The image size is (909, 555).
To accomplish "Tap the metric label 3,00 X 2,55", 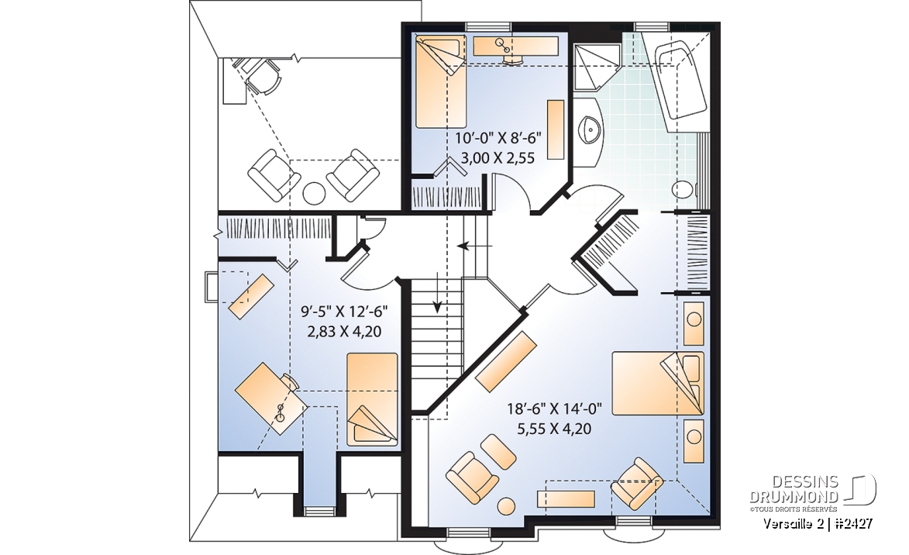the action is point(498,158).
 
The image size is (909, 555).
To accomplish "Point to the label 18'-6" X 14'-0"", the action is point(554,409).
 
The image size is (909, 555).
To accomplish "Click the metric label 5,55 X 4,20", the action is point(554,429).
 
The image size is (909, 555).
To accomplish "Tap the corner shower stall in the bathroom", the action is point(597,66).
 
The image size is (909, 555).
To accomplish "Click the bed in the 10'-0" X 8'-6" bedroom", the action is point(441,81).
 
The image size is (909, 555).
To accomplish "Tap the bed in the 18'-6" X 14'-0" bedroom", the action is point(658,383).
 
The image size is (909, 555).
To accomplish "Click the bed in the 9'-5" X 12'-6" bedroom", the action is point(372,399).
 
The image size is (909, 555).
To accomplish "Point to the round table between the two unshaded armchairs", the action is point(314,193).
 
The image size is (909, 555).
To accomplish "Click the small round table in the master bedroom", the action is point(507,505).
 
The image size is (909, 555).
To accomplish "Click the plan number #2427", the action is point(854,524).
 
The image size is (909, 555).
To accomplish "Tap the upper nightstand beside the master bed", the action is point(694,323).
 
